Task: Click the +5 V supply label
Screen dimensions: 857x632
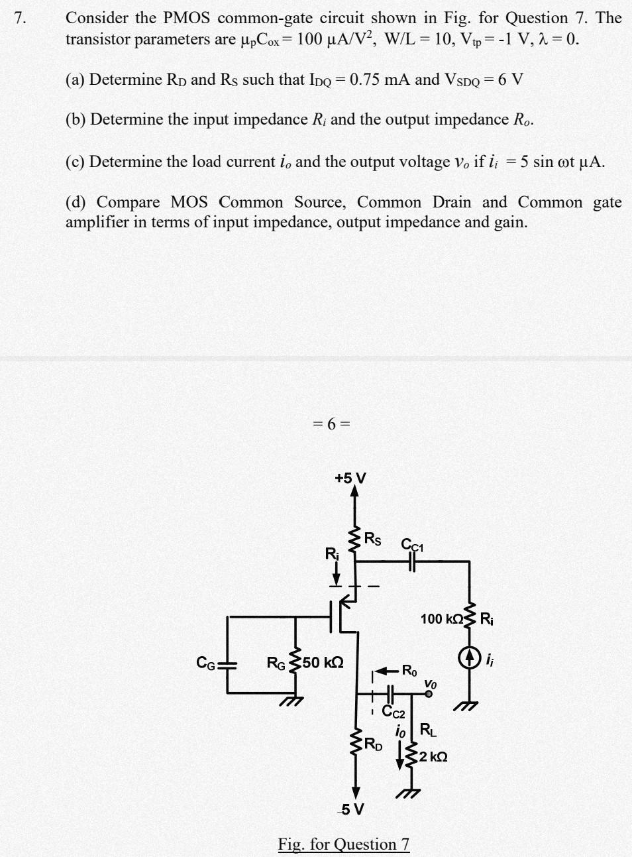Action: (350, 478)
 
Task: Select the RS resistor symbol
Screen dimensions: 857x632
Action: (356, 540)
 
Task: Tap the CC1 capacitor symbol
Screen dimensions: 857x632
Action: (412, 561)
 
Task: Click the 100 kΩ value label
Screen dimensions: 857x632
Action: (441, 619)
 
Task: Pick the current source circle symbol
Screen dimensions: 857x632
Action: (469, 658)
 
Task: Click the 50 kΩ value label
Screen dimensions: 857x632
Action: (323, 662)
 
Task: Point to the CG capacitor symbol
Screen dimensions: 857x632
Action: (228, 663)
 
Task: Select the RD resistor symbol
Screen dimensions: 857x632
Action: (356, 742)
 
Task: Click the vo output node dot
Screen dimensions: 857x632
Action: (429, 694)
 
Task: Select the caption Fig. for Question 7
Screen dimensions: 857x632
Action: (344, 844)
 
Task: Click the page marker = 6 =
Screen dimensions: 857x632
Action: (331, 424)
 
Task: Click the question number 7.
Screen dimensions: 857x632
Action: (21, 18)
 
